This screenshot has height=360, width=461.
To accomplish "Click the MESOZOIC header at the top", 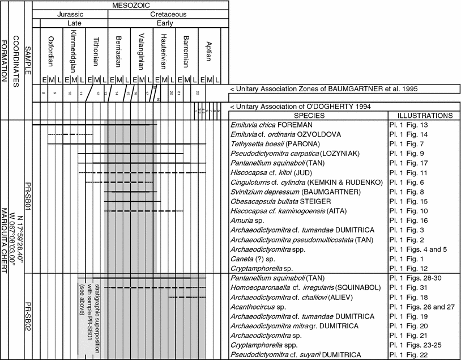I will [x=130, y=5].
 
